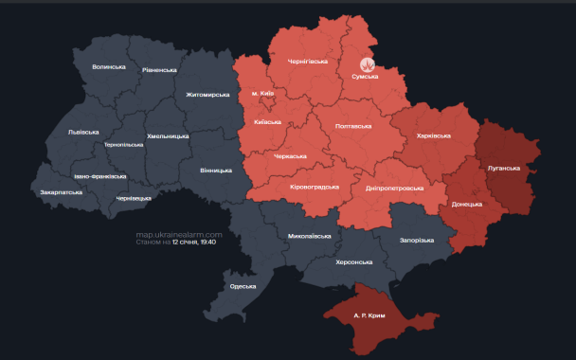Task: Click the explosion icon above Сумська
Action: coord(370,65)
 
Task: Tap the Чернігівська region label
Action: coord(308,62)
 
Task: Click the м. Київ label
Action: coord(262,94)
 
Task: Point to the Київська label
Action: coord(268,122)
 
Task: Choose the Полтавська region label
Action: coord(353,125)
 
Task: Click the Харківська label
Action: coord(435,135)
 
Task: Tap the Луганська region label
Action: coord(504,168)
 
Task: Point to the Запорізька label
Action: coord(416,240)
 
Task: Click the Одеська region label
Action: coord(243,286)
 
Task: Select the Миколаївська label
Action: coord(309,235)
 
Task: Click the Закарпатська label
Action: coord(61,191)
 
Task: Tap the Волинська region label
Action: coord(109,66)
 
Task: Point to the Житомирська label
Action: coord(208,95)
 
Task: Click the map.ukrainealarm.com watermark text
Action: coord(179,234)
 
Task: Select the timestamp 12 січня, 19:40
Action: coord(194,243)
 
